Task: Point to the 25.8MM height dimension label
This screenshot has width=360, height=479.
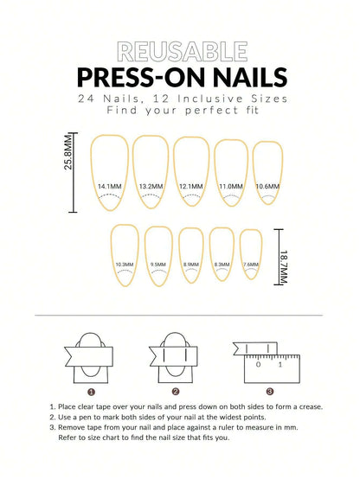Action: [x=68, y=150]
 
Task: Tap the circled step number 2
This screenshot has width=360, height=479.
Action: [x=176, y=390]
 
